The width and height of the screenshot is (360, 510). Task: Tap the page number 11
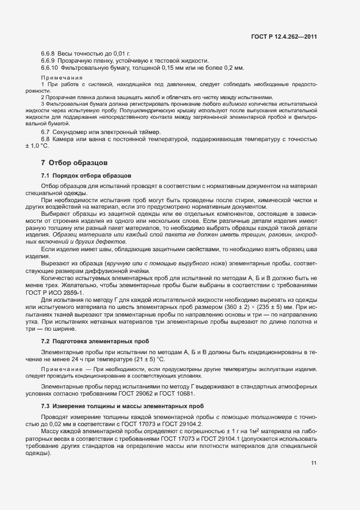[x=314, y=463]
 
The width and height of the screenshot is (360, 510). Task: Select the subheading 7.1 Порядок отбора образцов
[x=86, y=176]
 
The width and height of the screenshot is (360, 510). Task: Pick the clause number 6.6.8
[x=48, y=52]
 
